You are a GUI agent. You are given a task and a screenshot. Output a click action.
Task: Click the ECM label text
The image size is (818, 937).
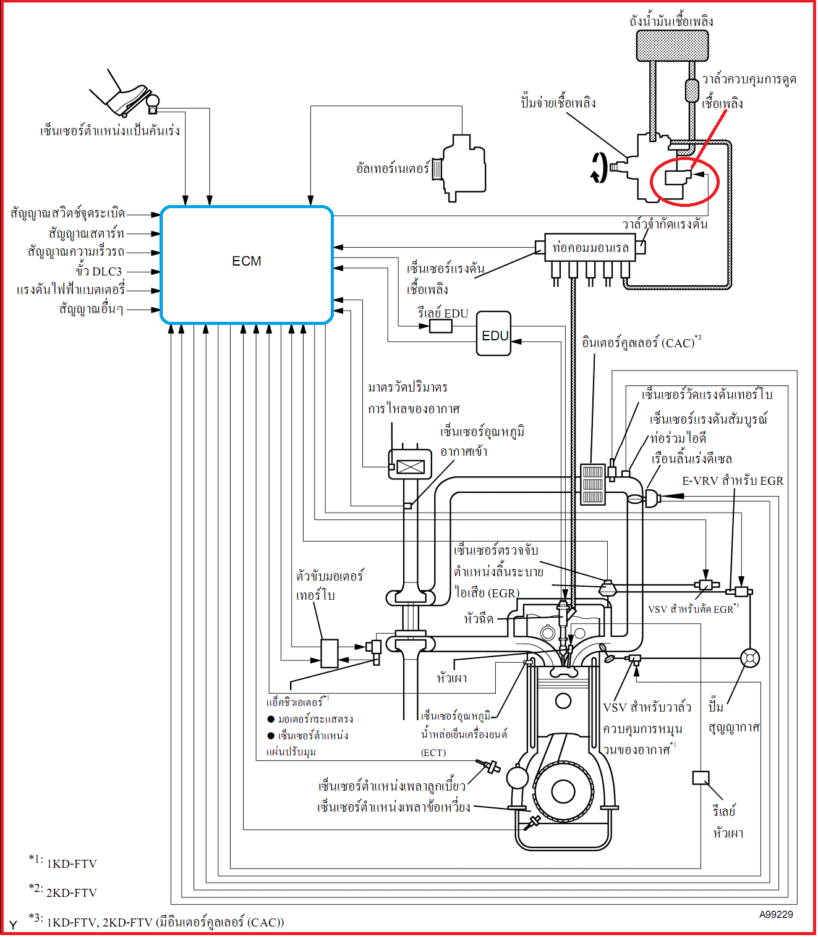[x=246, y=261]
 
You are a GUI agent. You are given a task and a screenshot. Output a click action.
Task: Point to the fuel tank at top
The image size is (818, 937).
[x=672, y=45]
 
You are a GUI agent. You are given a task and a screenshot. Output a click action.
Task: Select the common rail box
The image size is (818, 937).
[x=590, y=248]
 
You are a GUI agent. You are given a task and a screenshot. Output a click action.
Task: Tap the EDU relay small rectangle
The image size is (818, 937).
[x=440, y=326]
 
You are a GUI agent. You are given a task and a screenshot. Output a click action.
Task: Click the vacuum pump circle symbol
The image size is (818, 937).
[x=749, y=658]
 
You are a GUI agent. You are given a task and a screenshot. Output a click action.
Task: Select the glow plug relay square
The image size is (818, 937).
[x=700, y=777]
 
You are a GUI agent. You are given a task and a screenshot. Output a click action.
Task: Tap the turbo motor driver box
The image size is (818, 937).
[x=329, y=652]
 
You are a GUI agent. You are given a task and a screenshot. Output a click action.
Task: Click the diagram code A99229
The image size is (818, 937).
[x=775, y=914]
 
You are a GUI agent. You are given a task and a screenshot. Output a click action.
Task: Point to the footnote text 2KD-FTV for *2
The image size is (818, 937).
[x=71, y=893]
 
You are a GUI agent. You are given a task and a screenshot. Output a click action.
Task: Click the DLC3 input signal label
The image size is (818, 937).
[x=99, y=271]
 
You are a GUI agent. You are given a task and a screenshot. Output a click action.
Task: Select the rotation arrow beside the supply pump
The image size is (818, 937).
[x=599, y=168]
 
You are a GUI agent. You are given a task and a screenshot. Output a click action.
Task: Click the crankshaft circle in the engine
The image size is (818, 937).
[x=563, y=791]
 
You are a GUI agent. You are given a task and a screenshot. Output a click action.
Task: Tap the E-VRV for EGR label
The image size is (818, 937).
[x=732, y=481]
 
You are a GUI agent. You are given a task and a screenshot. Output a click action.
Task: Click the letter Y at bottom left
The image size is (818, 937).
[x=13, y=925]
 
